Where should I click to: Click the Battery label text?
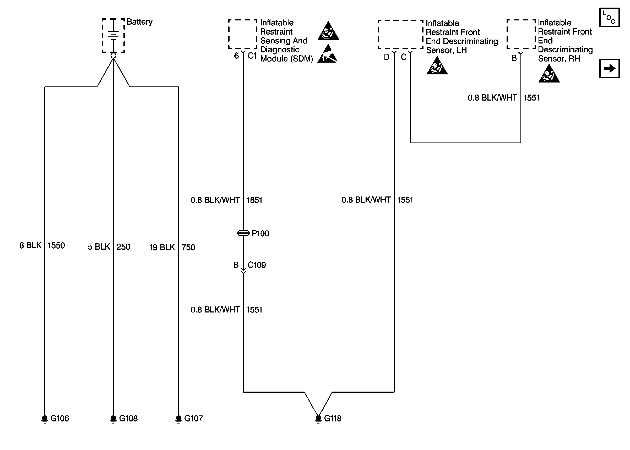click(139, 22)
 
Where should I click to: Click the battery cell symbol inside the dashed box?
click(113, 35)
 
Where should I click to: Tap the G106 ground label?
click(59, 418)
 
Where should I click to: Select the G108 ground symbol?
click(113, 419)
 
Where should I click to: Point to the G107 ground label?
click(193, 418)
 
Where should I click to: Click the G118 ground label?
click(333, 418)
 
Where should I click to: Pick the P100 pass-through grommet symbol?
click(243, 233)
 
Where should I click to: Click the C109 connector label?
click(257, 265)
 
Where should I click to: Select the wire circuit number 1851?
click(254, 200)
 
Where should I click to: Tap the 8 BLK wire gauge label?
click(30, 245)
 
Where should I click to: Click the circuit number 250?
click(123, 247)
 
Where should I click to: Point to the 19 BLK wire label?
click(162, 247)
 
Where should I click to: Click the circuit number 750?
click(188, 247)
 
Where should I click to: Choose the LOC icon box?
click(609, 18)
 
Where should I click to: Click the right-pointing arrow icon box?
click(609, 68)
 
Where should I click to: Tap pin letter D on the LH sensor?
click(386, 57)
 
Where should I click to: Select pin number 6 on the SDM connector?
click(236, 56)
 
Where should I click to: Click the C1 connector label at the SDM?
click(252, 56)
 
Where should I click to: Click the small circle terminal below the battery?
click(113, 56)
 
